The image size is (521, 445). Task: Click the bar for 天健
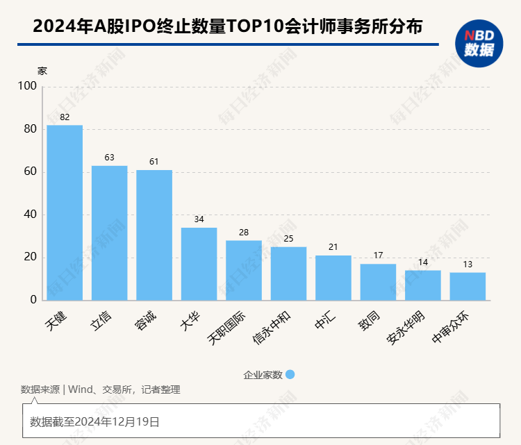[x=65, y=212]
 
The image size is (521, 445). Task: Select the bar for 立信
[x=109, y=233]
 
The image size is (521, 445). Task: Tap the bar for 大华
[x=199, y=264]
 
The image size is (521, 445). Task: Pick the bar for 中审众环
[x=468, y=286]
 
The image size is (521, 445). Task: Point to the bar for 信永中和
[x=288, y=274]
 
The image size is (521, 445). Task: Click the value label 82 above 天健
[x=65, y=117]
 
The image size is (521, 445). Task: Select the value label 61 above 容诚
[x=154, y=162]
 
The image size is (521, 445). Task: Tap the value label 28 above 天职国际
[x=244, y=233]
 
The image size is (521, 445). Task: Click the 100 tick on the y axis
[x=27, y=87]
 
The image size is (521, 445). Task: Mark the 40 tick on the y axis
[x=30, y=215]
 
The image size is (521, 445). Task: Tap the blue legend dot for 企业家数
[x=290, y=374]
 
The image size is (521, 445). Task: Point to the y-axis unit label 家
[x=42, y=71]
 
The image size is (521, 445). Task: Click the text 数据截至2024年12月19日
[x=94, y=421]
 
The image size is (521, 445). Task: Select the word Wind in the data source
[x=81, y=389]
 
